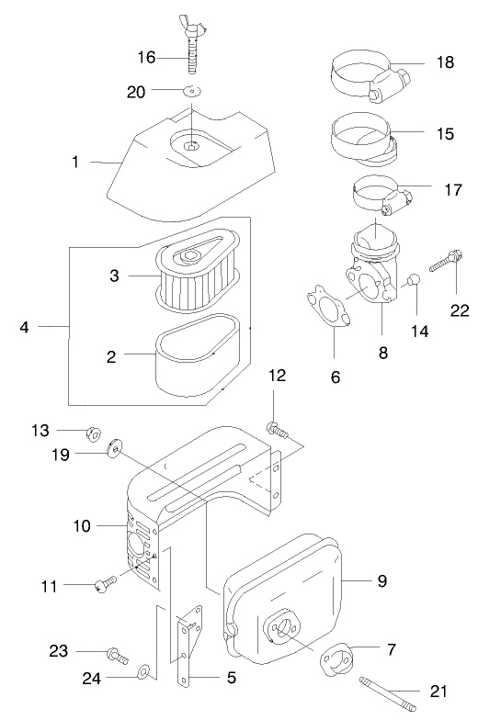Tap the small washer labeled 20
(192, 90)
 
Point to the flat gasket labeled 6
(326, 309)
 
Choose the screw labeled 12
(277, 427)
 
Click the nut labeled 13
(93, 433)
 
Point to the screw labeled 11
(105, 581)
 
